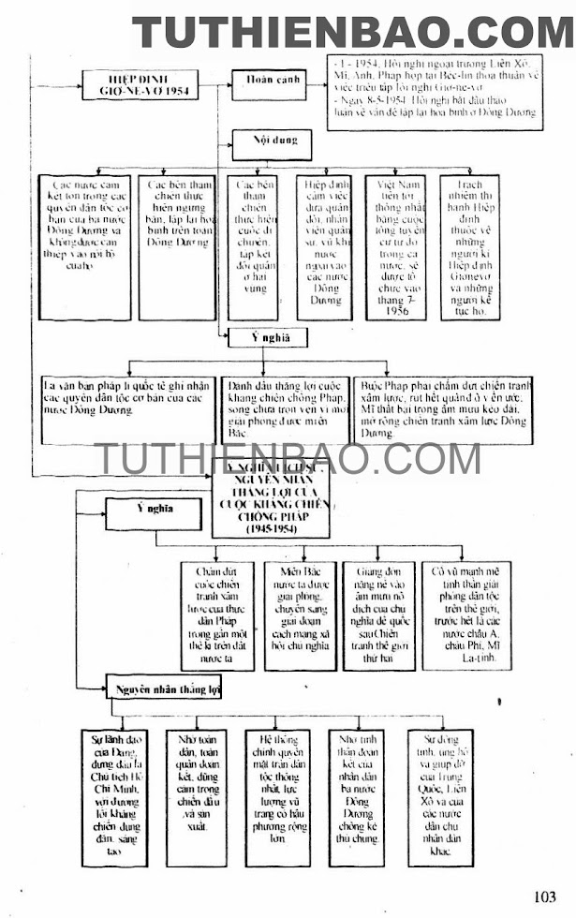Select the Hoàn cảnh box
click(273, 80)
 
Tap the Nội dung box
click(274, 141)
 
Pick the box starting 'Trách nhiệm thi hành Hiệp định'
click(469, 246)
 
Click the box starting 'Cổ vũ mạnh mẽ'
click(465, 615)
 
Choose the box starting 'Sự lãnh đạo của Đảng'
click(115, 795)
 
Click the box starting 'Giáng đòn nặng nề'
click(378, 615)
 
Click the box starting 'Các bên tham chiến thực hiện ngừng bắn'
click(178, 246)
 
